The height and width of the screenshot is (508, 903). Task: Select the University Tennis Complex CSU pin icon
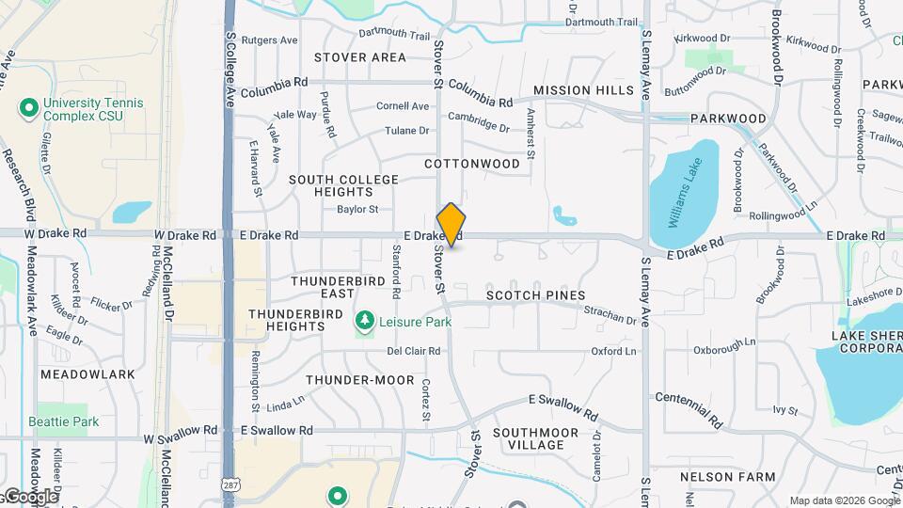click(28, 108)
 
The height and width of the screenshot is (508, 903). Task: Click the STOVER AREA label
click(360, 57)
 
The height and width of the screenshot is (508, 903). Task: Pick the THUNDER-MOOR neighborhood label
click(360, 380)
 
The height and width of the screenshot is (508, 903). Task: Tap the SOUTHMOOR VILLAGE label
click(536, 438)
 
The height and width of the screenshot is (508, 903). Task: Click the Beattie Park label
click(64, 421)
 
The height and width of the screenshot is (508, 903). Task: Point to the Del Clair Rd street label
click(414, 352)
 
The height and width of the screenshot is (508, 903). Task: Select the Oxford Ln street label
click(613, 352)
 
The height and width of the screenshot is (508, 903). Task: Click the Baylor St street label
click(357, 209)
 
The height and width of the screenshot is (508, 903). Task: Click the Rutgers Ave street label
click(269, 40)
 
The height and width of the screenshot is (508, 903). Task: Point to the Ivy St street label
click(785, 410)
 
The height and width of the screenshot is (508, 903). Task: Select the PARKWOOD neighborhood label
click(728, 119)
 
